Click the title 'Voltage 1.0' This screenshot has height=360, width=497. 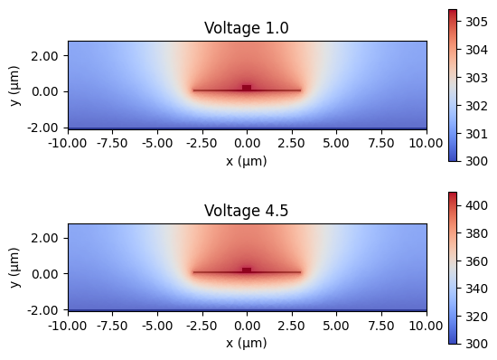(x=247, y=28)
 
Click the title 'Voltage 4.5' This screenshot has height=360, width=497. (x=247, y=211)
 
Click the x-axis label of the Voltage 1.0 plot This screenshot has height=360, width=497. (x=247, y=161)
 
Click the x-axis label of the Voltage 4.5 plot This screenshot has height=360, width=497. (x=247, y=344)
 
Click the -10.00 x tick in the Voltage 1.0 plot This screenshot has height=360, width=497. (x=68, y=143)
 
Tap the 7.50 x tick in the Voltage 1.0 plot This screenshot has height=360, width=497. (x=381, y=143)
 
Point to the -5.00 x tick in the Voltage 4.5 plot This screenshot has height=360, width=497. (x=157, y=326)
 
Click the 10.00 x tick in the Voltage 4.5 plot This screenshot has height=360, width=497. (x=427, y=326)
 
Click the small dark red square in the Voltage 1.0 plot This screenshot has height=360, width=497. (x=247, y=88)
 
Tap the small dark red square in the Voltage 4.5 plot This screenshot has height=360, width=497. (x=247, y=270)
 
